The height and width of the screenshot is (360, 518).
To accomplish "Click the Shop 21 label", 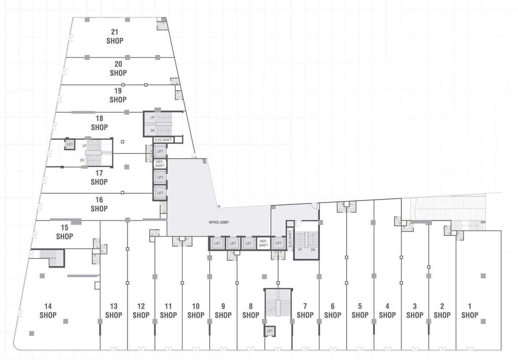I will (115, 37).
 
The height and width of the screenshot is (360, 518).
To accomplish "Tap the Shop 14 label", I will (48, 310).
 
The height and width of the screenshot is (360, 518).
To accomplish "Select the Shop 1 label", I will (470, 311).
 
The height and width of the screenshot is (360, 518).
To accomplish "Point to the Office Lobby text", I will (218, 222).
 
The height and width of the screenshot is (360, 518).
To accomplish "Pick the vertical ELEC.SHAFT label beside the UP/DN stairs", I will (290, 238).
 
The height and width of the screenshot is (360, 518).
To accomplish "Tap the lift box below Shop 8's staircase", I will (269, 331).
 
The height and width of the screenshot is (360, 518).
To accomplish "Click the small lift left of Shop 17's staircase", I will (70, 144).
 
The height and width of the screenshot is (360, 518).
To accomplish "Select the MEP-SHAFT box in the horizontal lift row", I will (263, 243).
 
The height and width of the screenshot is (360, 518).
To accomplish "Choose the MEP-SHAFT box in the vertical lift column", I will (160, 164).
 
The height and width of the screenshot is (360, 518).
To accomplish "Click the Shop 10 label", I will (196, 311).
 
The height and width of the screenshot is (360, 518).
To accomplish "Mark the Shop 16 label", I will (99, 204).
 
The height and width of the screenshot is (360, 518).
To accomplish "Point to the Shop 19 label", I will (118, 95).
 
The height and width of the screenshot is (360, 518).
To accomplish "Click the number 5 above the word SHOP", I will (360, 306).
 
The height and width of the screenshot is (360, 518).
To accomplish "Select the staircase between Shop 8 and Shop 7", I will (278, 303).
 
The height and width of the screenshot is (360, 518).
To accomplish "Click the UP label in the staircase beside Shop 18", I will (153, 117).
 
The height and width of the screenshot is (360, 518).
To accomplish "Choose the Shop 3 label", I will (414, 311).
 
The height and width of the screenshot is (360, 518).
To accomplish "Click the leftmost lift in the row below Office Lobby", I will (217, 243).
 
